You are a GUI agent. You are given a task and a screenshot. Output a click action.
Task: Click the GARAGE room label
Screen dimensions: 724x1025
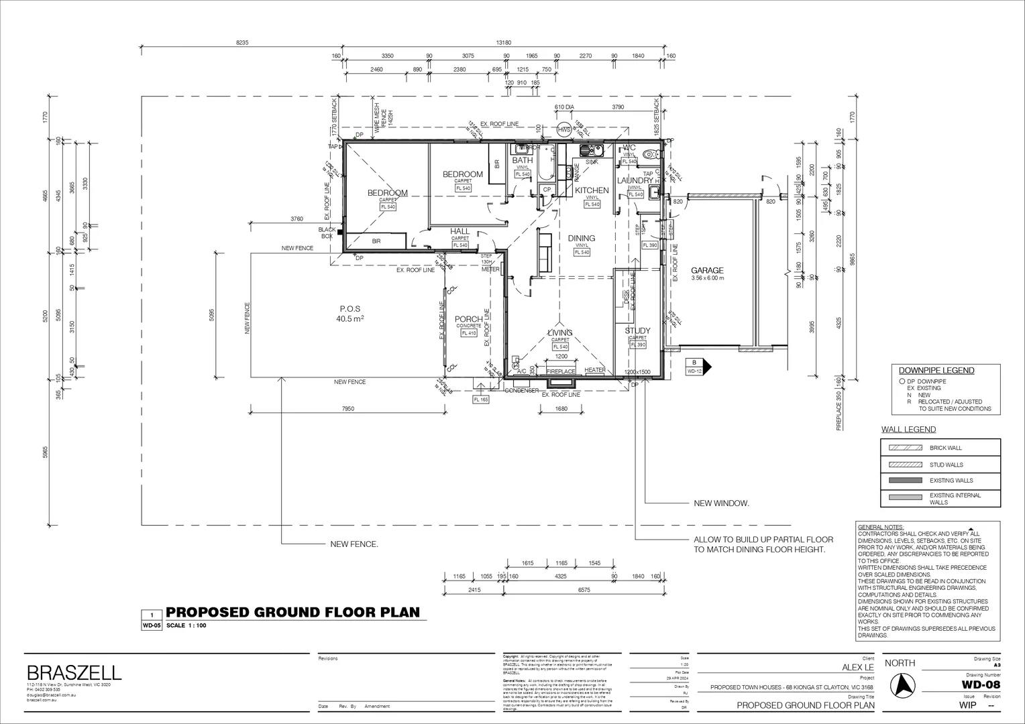click(x=707, y=271)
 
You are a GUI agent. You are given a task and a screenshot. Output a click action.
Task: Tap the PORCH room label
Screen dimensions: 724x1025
click(x=468, y=319)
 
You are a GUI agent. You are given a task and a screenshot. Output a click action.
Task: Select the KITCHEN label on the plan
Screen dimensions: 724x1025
click(x=592, y=190)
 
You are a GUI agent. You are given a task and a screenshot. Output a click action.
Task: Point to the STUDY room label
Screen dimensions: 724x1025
click(x=637, y=331)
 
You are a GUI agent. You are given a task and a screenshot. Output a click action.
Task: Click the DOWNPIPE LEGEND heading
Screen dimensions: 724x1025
click(x=936, y=371)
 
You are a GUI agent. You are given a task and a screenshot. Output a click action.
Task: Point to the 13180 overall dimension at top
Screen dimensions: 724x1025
click(x=503, y=42)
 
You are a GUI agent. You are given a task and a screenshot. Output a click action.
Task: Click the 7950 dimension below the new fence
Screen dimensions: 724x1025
click(x=347, y=408)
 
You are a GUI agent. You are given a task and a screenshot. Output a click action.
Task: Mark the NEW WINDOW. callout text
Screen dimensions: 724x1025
click(x=721, y=503)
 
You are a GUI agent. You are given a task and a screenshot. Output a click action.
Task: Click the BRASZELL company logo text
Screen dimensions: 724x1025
click(x=74, y=672)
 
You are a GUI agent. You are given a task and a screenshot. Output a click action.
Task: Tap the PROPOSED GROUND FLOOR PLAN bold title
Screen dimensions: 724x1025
click(x=292, y=612)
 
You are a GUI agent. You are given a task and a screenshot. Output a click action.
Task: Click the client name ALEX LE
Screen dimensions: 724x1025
click(x=858, y=668)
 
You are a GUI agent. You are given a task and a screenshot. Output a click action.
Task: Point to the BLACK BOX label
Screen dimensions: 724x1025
click(x=327, y=233)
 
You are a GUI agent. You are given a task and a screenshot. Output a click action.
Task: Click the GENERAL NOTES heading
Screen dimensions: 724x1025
click(x=881, y=528)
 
